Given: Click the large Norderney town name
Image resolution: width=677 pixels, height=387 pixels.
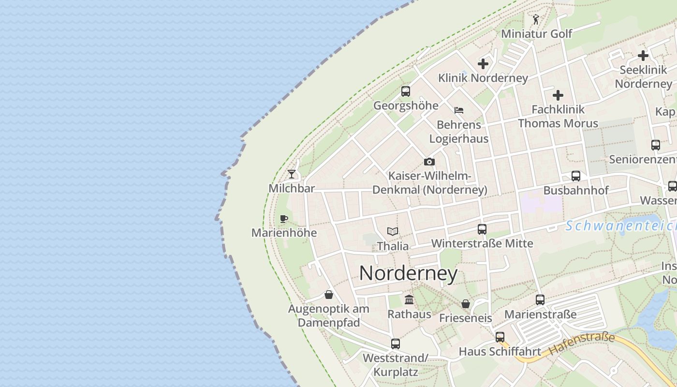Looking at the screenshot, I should pyautogui.click(x=408, y=274).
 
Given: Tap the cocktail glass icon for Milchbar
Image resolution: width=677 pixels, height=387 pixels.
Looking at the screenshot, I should pyautogui.click(x=292, y=174).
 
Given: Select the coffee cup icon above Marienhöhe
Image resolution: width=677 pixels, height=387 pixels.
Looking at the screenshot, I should pyautogui.click(x=284, y=219).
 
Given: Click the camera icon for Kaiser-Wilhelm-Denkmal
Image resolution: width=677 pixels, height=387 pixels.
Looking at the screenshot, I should pyautogui.click(x=429, y=162).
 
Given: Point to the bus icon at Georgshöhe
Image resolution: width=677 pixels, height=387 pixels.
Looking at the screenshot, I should pyautogui.click(x=406, y=91).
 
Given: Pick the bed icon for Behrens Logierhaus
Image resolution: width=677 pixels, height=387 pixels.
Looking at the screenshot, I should pyautogui.click(x=459, y=110).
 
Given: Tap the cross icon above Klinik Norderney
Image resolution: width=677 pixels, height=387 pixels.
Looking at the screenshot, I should pyautogui.click(x=483, y=63).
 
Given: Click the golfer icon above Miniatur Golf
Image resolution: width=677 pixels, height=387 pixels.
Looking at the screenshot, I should pyautogui.click(x=536, y=20).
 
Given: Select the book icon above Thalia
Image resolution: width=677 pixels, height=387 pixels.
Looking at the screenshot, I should pyautogui.click(x=393, y=232).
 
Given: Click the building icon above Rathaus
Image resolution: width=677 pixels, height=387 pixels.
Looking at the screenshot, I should pyautogui.click(x=409, y=299).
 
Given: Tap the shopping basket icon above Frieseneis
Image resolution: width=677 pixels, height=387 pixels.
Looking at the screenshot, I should pyautogui.click(x=465, y=304).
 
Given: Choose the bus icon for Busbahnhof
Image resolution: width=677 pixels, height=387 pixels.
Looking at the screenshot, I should pyautogui.click(x=575, y=176).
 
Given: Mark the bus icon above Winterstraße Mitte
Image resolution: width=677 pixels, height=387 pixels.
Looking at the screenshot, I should pyautogui.click(x=482, y=229).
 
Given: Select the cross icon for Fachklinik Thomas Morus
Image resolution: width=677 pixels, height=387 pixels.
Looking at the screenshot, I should pyautogui.click(x=558, y=95).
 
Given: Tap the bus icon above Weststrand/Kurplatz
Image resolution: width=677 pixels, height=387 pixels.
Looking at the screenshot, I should pyautogui.click(x=396, y=344).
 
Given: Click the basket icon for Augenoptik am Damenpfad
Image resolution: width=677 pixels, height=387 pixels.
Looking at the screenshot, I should pyautogui.click(x=329, y=295).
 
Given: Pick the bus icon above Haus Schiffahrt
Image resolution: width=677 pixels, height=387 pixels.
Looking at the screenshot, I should pyautogui.click(x=500, y=337).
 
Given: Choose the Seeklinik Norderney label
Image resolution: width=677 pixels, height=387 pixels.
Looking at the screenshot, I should pyautogui.click(x=643, y=76).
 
